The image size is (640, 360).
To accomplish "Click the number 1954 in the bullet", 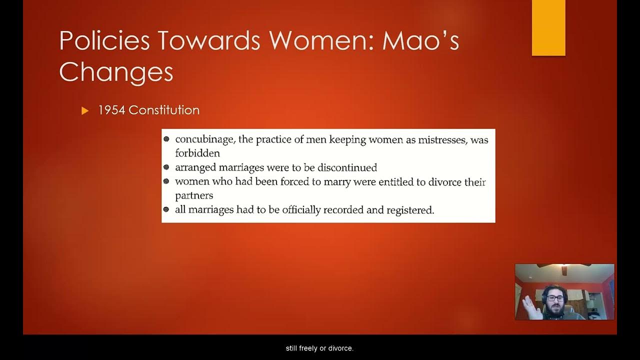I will (x=111, y=110).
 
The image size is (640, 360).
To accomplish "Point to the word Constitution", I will (x=164, y=110).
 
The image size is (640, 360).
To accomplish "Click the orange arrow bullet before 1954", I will (x=84, y=111).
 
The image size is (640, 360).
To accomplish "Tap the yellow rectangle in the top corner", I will (x=548, y=27).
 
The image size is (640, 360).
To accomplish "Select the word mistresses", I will (x=442, y=140).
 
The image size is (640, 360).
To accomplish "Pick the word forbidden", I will (x=197, y=153).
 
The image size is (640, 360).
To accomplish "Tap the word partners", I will (x=194, y=195).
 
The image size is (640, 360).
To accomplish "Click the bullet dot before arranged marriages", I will (x=166, y=167).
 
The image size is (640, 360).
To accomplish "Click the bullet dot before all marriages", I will (x=166, y=209).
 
